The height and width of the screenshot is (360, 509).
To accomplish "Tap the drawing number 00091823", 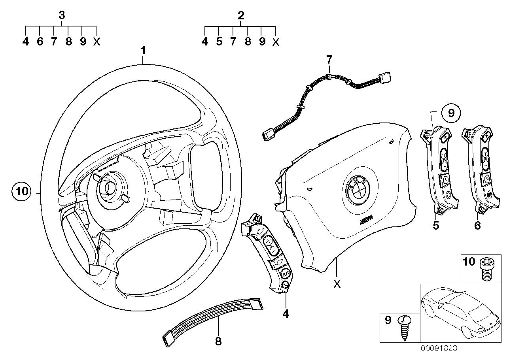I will click(439, 348).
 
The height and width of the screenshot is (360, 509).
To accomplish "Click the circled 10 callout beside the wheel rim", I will click(22, 192).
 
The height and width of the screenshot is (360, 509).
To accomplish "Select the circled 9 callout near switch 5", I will click(451, 114).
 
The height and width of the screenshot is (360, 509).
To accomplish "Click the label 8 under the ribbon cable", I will click(218, 341).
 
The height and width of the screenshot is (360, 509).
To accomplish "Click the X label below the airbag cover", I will click(337, 284).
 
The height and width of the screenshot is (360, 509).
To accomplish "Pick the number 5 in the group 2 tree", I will click(219, 41).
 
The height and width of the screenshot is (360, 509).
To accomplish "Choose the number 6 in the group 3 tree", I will click(40, 41).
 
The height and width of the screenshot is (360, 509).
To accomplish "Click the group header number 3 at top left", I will click(61, 15).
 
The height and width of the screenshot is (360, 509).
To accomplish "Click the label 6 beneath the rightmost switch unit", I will click(477, 226).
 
